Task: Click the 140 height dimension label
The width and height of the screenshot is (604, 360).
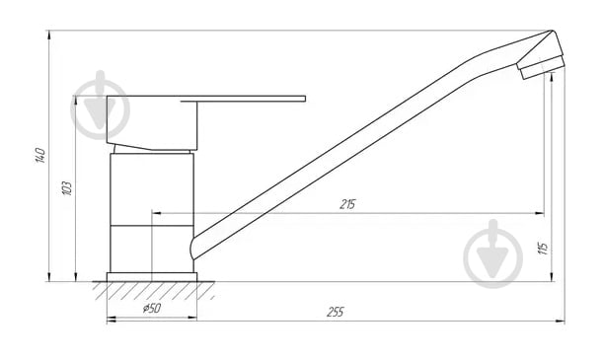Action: (40, 155)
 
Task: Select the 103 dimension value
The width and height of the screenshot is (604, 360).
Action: (66, 187)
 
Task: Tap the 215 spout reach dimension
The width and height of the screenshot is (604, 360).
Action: (347, 205)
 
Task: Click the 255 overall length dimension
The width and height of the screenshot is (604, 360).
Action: (335, 312)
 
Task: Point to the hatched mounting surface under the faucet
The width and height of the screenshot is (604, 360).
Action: (154, 290)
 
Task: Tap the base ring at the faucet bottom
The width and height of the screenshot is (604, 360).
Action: (152, 277)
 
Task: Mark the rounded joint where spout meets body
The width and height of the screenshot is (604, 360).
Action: (195, 243)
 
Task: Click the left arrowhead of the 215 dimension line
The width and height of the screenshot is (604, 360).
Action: (156, 213)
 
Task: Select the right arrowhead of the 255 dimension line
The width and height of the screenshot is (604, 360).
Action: (561, 320)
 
